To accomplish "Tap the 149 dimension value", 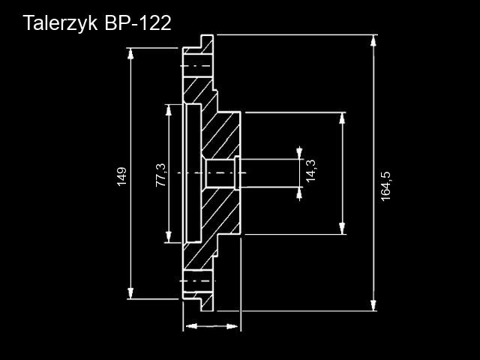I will pyautogui.click(x=122, y=175).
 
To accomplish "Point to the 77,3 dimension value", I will pyautogui.click(x=159, y=175).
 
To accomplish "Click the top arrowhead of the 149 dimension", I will pyautogui.click(x=132, y=53).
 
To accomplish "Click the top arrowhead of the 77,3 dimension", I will pyautogui.click(x=168, y=109).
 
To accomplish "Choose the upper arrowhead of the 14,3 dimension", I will pyautogui.click(x=300, y=153).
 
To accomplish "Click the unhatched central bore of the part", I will pyautogui.click(x=219, y=173).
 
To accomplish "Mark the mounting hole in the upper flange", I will pyautogui.click(x=196, y=65).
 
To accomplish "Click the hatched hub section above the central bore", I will pyautogui.click(x=222, y=135).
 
